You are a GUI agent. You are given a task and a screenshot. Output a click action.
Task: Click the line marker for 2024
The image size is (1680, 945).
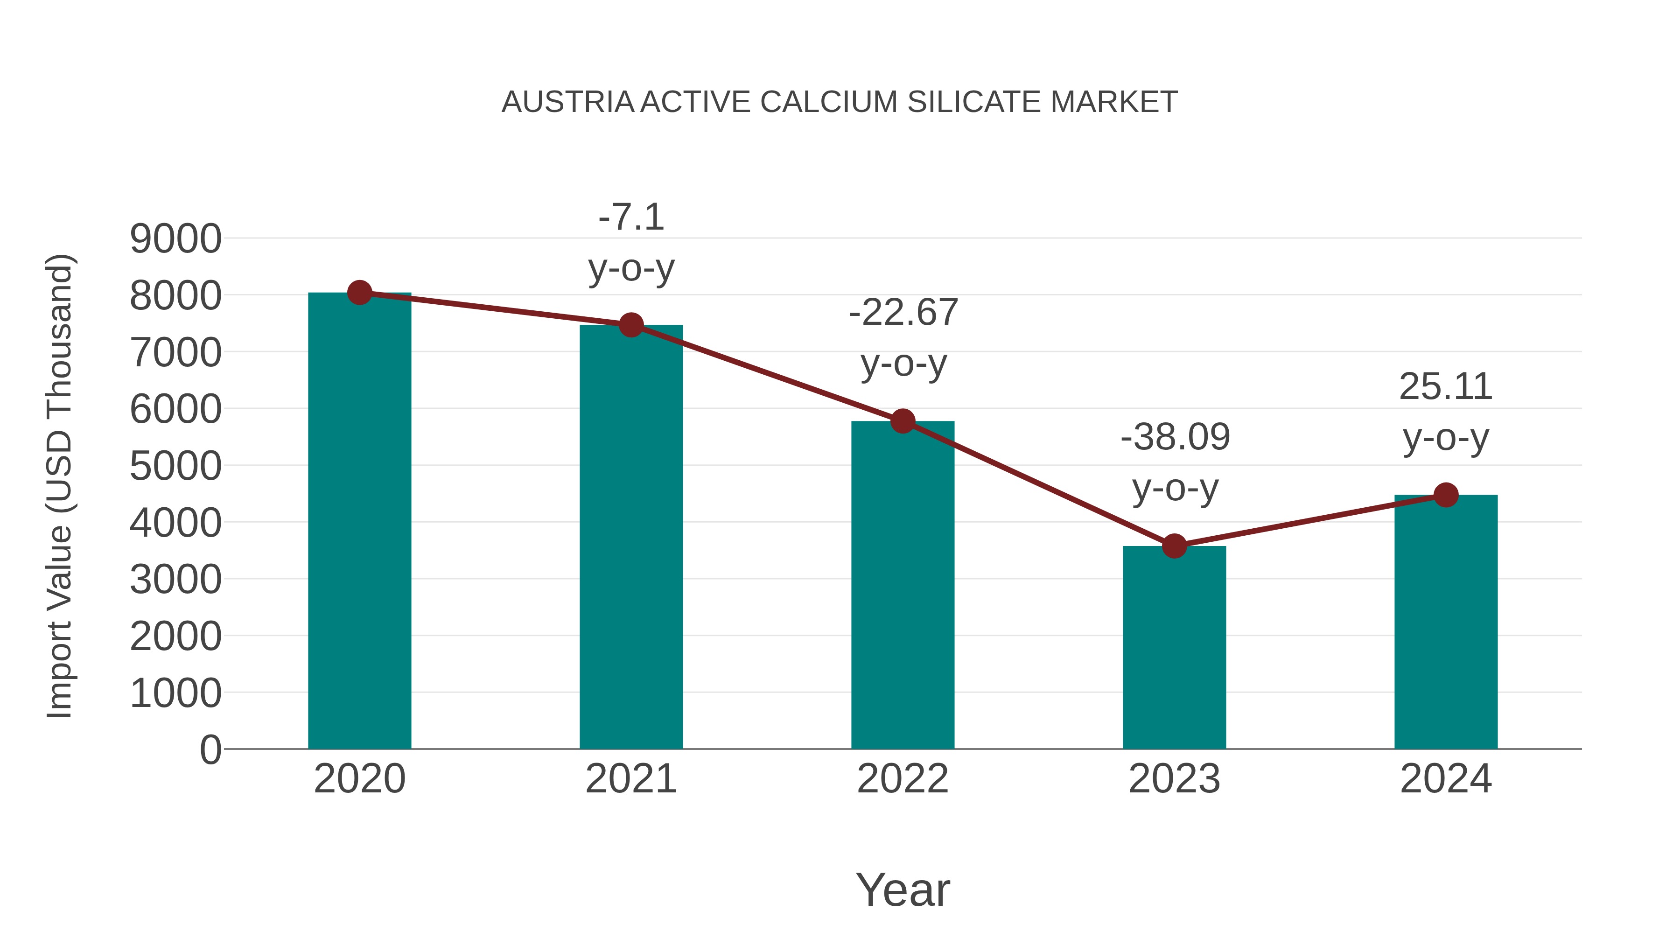coord(1446,495)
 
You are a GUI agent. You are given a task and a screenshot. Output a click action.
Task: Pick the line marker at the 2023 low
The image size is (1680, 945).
coord(1174,546)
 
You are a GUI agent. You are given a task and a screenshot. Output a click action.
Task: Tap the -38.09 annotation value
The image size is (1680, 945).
coord(1175,437)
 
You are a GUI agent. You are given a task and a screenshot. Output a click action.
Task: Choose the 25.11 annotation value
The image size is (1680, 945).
coord(1445,387)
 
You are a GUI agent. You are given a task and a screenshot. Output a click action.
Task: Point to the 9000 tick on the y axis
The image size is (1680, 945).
coord(175,238)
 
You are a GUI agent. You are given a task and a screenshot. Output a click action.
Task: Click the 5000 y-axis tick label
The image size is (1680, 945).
coord(175,466)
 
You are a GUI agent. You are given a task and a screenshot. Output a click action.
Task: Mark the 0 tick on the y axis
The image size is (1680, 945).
coord(210,749)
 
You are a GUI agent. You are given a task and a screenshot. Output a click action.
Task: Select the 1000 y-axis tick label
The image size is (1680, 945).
coord(175,693)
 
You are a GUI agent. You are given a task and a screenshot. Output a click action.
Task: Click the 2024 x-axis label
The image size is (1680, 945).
coord(1446,779)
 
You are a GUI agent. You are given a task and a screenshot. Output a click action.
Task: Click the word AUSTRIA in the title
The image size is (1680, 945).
coord(567,102)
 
